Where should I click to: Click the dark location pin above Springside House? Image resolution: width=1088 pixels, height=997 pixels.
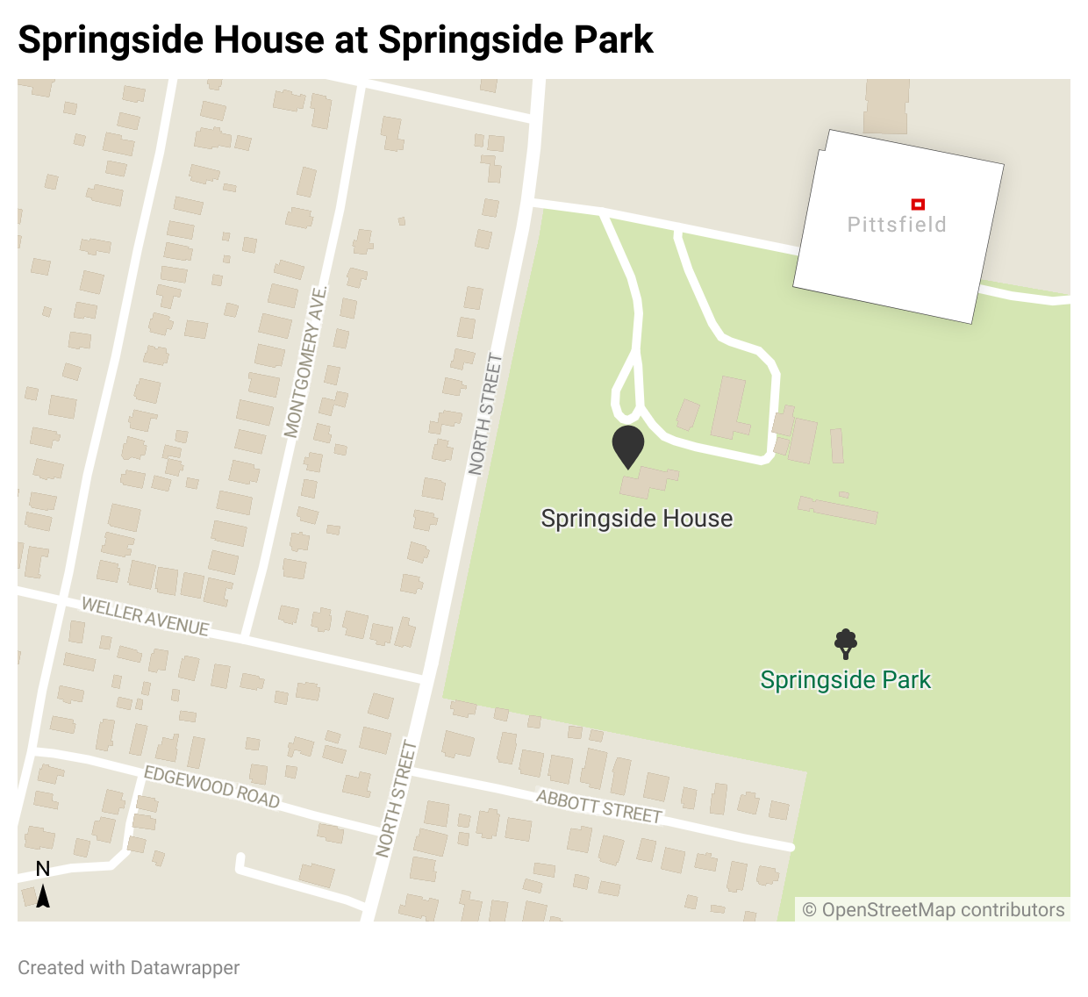click(628, 445)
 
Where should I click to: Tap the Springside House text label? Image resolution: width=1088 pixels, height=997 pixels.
click(636, 519)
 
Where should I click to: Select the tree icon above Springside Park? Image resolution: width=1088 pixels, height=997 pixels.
click(845, 643)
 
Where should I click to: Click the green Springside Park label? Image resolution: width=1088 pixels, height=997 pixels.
click(845, 680)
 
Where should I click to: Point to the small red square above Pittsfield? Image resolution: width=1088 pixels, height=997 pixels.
click(918, 204)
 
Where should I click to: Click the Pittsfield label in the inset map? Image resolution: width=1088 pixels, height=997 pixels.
click(897, 225)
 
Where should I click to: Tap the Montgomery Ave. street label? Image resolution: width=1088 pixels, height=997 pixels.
click(305, 361)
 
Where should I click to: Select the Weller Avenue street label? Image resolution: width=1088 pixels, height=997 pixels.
click(146, 616)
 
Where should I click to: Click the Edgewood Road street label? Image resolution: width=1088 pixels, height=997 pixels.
click(211, 786)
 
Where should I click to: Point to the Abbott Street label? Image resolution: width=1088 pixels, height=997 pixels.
click(599, 807)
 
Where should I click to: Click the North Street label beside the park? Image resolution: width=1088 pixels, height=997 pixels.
click(485, 414)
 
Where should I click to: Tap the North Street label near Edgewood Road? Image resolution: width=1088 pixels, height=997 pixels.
click(396, 799)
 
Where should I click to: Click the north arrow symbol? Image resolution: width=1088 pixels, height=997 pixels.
click(42, 896)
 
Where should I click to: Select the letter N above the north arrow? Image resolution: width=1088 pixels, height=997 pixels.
click(42, 869)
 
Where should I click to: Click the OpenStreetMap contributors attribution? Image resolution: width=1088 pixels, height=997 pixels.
click(934, 910)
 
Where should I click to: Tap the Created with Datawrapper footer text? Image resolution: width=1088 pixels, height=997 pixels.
click(128, 967)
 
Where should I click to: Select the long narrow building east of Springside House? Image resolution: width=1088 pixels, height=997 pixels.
click(838, 508)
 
